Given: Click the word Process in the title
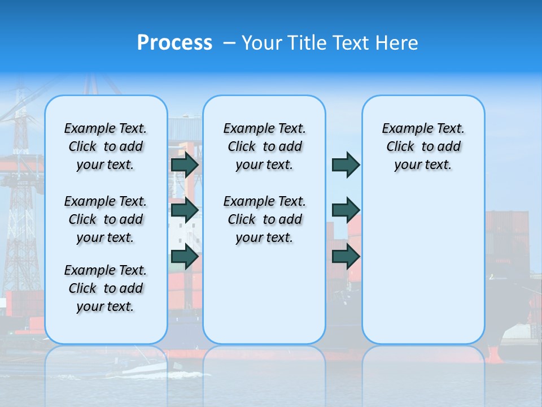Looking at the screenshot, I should (x=174, y=42).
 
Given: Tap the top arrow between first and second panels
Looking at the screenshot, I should (x=185, y=164).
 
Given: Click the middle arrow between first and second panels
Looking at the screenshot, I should (x=185, y=210).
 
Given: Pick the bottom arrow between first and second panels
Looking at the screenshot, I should (x=185, y=257).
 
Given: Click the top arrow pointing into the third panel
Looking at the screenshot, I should (x=346, y=164).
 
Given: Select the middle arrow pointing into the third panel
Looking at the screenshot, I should (x=346, y=210).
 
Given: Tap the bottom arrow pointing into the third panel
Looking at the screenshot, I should (x=346, y=257).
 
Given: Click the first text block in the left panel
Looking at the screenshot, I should (x=106, y=146).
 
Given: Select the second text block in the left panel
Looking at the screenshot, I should (x=106, y=219).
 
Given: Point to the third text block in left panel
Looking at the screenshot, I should (x=106, y=288).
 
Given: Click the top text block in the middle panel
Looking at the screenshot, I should (x=264, y=146).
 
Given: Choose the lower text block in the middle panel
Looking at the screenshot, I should (x=264, y=219).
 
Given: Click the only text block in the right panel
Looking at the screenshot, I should (x=423, y=146).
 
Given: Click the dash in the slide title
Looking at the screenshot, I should (x=229, y=43).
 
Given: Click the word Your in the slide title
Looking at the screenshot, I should (x=261, y=42).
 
